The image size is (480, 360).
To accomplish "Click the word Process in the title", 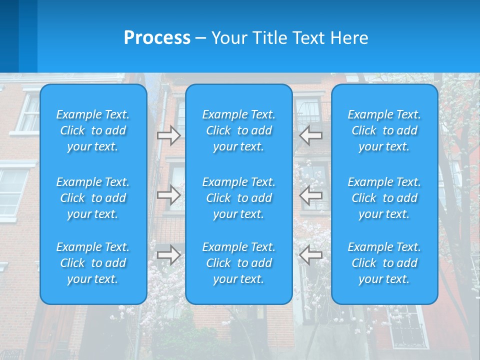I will point(157,38).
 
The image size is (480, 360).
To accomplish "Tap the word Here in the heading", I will point(349,38).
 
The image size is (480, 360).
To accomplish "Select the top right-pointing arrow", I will point(168,135).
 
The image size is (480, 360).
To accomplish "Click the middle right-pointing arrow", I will point(168,195).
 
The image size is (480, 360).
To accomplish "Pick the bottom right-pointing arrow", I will point(168,255).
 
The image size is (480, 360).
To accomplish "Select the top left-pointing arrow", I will point(311,135).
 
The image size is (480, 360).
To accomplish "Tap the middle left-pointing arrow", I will point(311,195).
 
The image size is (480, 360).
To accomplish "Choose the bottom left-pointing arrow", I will point(311,255).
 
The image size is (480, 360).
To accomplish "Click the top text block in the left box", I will point(93,130).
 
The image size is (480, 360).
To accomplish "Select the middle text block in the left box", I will point(93,198).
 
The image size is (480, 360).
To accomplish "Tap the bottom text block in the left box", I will point(93,263).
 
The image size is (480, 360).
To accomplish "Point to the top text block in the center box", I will point(239,130).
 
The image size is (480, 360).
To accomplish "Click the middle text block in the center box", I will point(239,198).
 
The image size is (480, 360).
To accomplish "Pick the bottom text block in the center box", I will point(239,263).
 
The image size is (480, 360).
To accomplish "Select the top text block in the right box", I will point(384,130).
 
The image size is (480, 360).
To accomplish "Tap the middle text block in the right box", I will point(384,198).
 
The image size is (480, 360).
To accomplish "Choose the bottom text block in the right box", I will point(384,263).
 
